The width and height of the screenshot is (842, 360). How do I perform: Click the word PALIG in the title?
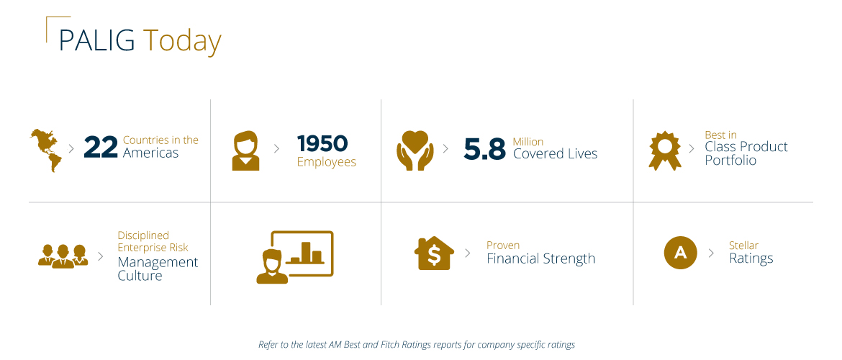(x=96, y=40)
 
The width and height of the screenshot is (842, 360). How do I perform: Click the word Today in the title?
(x=181, y=42)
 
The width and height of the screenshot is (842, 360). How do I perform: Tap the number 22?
(x=100, y=147)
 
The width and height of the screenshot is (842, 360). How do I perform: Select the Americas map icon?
(x=45, y=150)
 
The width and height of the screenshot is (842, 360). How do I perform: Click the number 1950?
(x=322, y=143)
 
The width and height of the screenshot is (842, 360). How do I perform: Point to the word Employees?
(x=326, y=162)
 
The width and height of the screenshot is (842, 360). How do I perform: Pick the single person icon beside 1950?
(x=245, y=150)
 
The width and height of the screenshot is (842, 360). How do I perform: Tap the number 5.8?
(x=484, y=148)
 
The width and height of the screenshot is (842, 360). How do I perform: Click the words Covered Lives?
(x=555, y=153)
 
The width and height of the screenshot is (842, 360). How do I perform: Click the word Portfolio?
(x=730, y=161)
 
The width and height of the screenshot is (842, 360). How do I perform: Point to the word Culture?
(x=140, y=276)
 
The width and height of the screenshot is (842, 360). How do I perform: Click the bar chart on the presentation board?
(x=307, y=252)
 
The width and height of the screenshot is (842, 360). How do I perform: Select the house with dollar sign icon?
(x=434, y=253)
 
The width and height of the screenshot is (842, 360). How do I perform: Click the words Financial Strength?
(x=540, y=258)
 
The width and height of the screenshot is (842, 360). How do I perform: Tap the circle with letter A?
(x=680, y=253)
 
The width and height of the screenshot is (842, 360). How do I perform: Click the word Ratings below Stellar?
(x=751, y=258)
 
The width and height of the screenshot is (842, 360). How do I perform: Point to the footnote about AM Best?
(x=417, y=345)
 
